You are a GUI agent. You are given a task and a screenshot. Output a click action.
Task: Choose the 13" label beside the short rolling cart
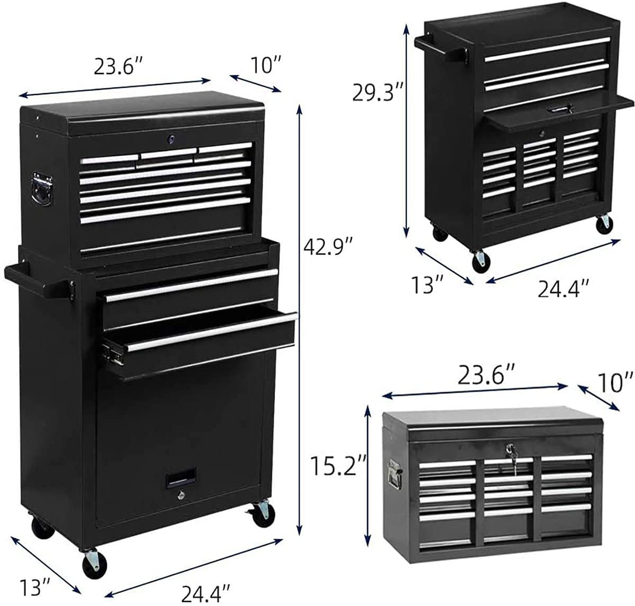[428, 285]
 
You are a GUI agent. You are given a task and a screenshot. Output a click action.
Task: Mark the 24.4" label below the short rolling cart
[563, 288]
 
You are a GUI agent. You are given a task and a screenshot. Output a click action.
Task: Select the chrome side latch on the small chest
[393, 474]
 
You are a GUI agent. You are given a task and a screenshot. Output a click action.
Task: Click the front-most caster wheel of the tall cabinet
[90, 562]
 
